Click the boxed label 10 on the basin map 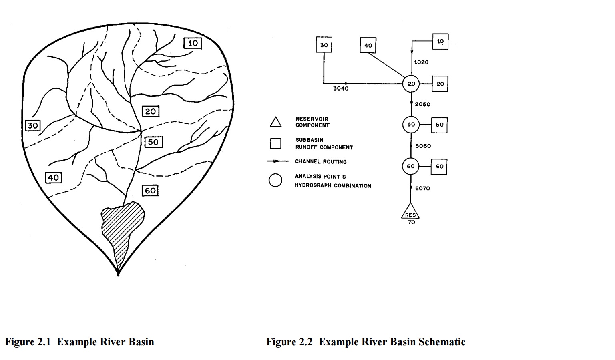(x=193, y=43)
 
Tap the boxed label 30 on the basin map (x=32, y=125)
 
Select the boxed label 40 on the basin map (x=53, y=177)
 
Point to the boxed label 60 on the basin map (x=150, y=191)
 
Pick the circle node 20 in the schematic (x=411, y=84)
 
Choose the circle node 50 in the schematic (x=411, y=125)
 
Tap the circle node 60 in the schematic (x=411, y=166)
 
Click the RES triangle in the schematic (x=410, y=212)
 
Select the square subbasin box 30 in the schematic (x=324, y=45)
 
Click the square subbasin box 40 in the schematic (x=368, y=46)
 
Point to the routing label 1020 (x=421, y=62)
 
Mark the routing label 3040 (x=341, y=88)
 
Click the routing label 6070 (x=422, y=188)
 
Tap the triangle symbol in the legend (x=275, y=122)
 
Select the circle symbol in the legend (x=275, y=180)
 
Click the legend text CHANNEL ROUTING (x=321, y=162)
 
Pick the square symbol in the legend (x=275, y=143)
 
